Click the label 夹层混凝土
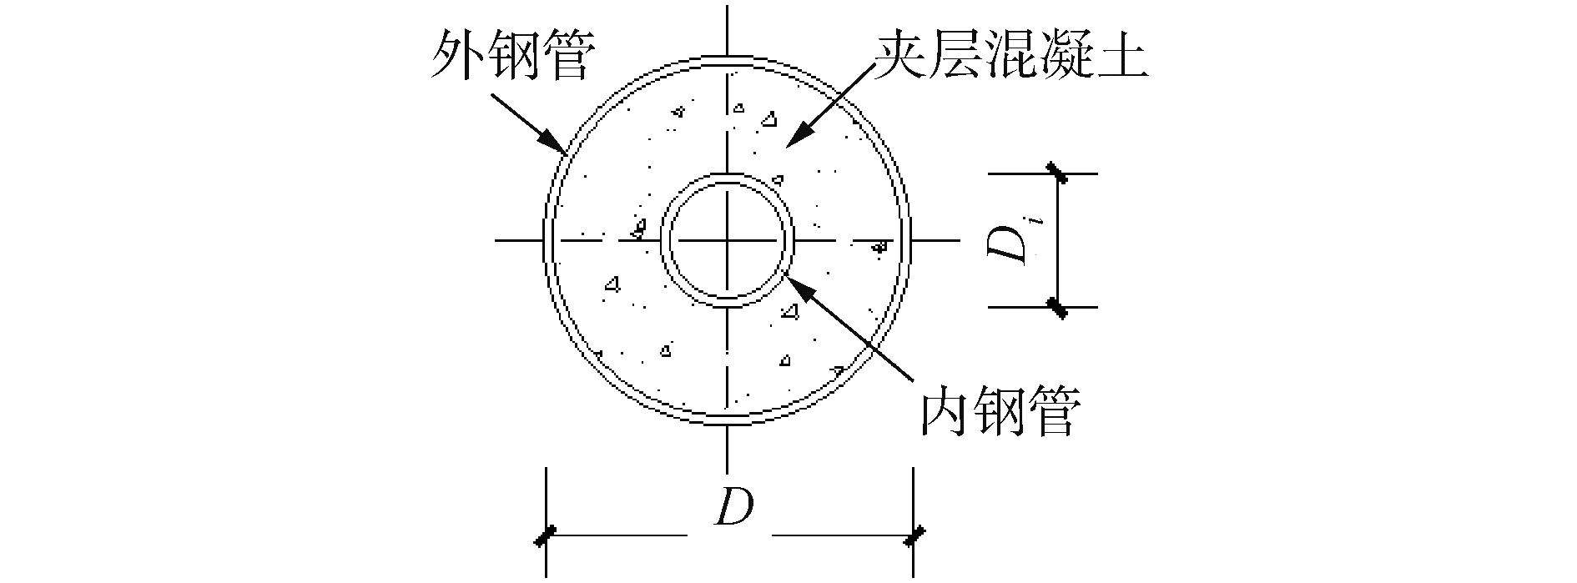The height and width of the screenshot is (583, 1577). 1011,58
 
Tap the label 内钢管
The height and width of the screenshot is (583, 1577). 1000,410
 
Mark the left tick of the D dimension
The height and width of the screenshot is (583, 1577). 546,536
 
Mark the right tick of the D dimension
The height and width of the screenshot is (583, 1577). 914,536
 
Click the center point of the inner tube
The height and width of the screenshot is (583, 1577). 728,241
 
